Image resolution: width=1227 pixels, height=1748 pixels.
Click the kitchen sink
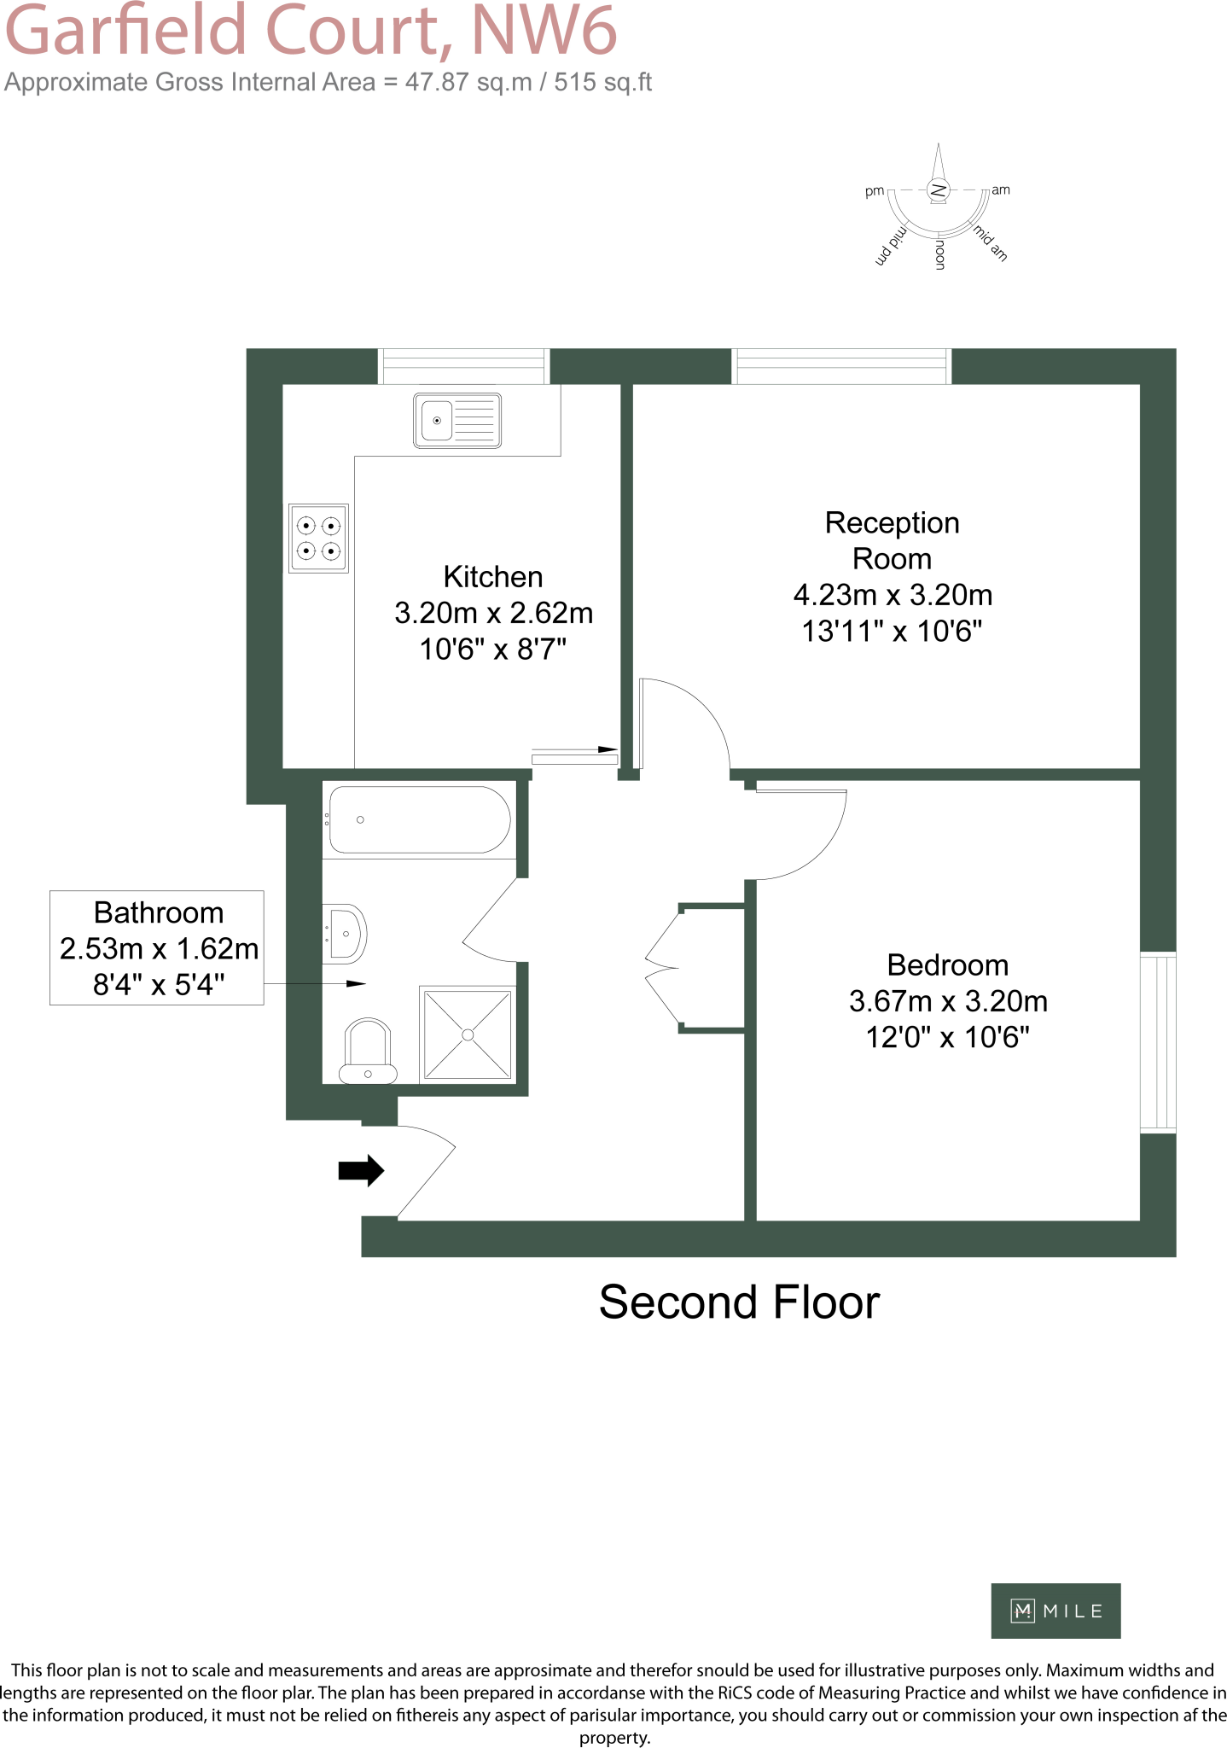coord(456,420)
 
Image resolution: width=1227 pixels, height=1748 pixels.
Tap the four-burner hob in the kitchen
coord(318,538)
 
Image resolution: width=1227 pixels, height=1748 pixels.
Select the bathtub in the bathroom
coord(419,819)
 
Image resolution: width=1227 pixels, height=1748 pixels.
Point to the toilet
coord(368,1052)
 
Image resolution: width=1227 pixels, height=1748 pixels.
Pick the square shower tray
coord(468,1034)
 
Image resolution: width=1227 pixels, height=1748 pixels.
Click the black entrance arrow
coord(361,1170)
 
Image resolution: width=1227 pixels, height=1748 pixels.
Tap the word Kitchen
coord(493,577)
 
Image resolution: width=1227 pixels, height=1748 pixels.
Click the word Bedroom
coord(947,964)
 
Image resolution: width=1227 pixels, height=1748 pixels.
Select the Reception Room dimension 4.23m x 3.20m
coord(893,595)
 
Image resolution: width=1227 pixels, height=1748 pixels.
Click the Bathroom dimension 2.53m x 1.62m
coord(159,948)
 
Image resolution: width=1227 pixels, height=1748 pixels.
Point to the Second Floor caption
coord(739,1302)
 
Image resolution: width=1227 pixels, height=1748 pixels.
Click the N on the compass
coord(939,189)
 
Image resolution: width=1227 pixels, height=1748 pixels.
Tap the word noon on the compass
coord(939,254)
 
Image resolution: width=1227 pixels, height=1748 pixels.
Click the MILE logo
coord(1055,1611)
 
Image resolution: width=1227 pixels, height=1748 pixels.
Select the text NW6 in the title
coord(544,31)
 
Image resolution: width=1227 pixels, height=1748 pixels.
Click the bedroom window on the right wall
coord(1158,1042)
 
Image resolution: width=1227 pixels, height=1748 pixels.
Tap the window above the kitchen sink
coord(463,366)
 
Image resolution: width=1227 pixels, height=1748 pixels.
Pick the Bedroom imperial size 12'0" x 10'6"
coord(947,1037)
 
